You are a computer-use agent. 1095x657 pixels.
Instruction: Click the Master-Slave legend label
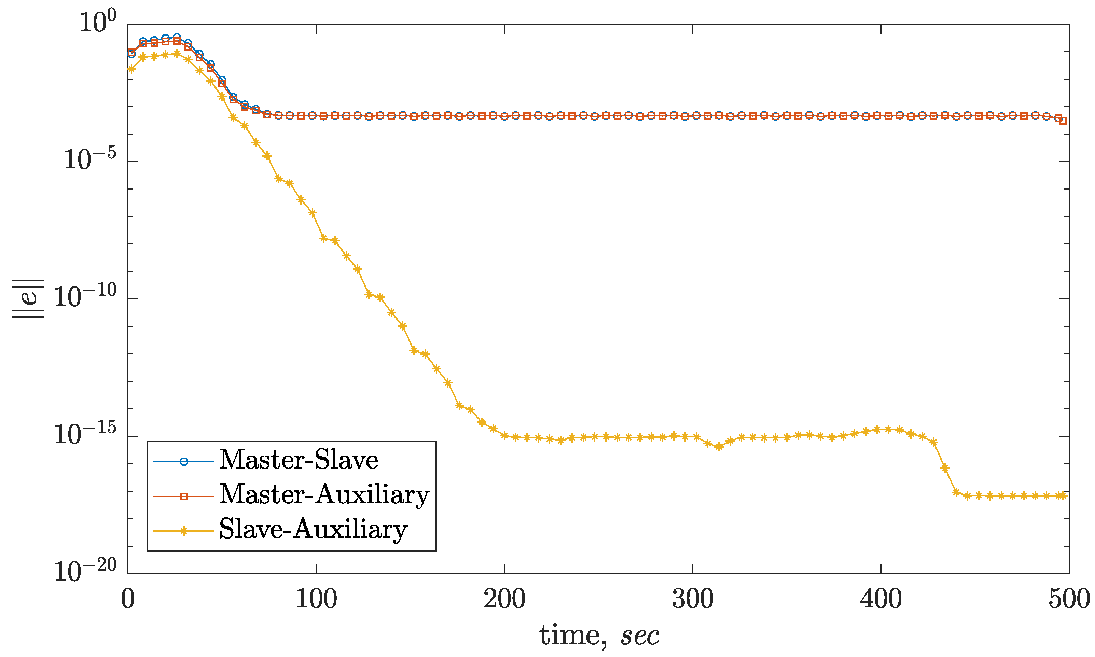point(299,460)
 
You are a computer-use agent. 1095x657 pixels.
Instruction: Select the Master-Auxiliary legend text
point(324,494)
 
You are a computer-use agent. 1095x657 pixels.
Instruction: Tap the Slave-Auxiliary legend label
point(313,529)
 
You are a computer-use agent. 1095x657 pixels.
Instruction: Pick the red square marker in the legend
point(184,496)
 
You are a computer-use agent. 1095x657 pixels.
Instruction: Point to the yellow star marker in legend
point(184,531)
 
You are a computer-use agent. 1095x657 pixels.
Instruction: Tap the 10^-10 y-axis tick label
point(85,297)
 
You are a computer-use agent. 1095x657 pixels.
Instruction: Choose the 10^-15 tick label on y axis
point(85,434)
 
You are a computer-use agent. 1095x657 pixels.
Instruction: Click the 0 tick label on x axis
point(128,599)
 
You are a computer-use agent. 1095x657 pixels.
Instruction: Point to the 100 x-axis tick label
point(316,599)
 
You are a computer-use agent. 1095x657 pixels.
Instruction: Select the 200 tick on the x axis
point(504,599)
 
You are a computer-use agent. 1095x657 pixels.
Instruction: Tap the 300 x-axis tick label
point(693,599)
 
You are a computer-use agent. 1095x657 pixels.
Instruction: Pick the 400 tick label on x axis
point(881,599)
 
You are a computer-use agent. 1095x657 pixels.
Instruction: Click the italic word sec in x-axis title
point(640,637)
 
